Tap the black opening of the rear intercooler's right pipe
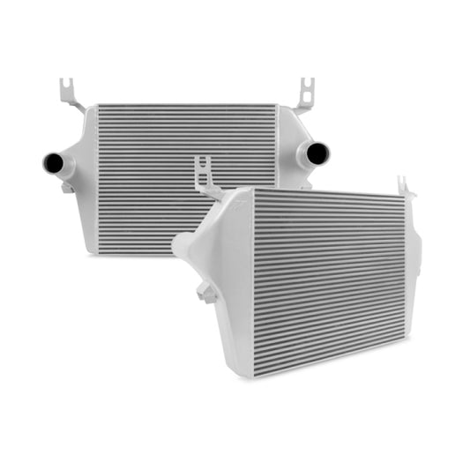coord(318,153)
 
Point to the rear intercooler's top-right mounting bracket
coord(304,95)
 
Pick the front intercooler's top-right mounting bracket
coord(405,186)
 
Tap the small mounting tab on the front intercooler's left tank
coord(208,294)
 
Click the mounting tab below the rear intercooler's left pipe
coord(67,187)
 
